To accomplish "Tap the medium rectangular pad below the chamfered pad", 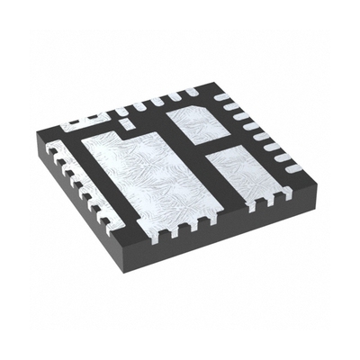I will [241, 171].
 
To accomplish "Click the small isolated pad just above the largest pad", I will [127, 120].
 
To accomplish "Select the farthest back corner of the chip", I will [210, 85].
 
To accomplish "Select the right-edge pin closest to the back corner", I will [224, 95].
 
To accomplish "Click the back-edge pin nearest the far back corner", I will [192, 92].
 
